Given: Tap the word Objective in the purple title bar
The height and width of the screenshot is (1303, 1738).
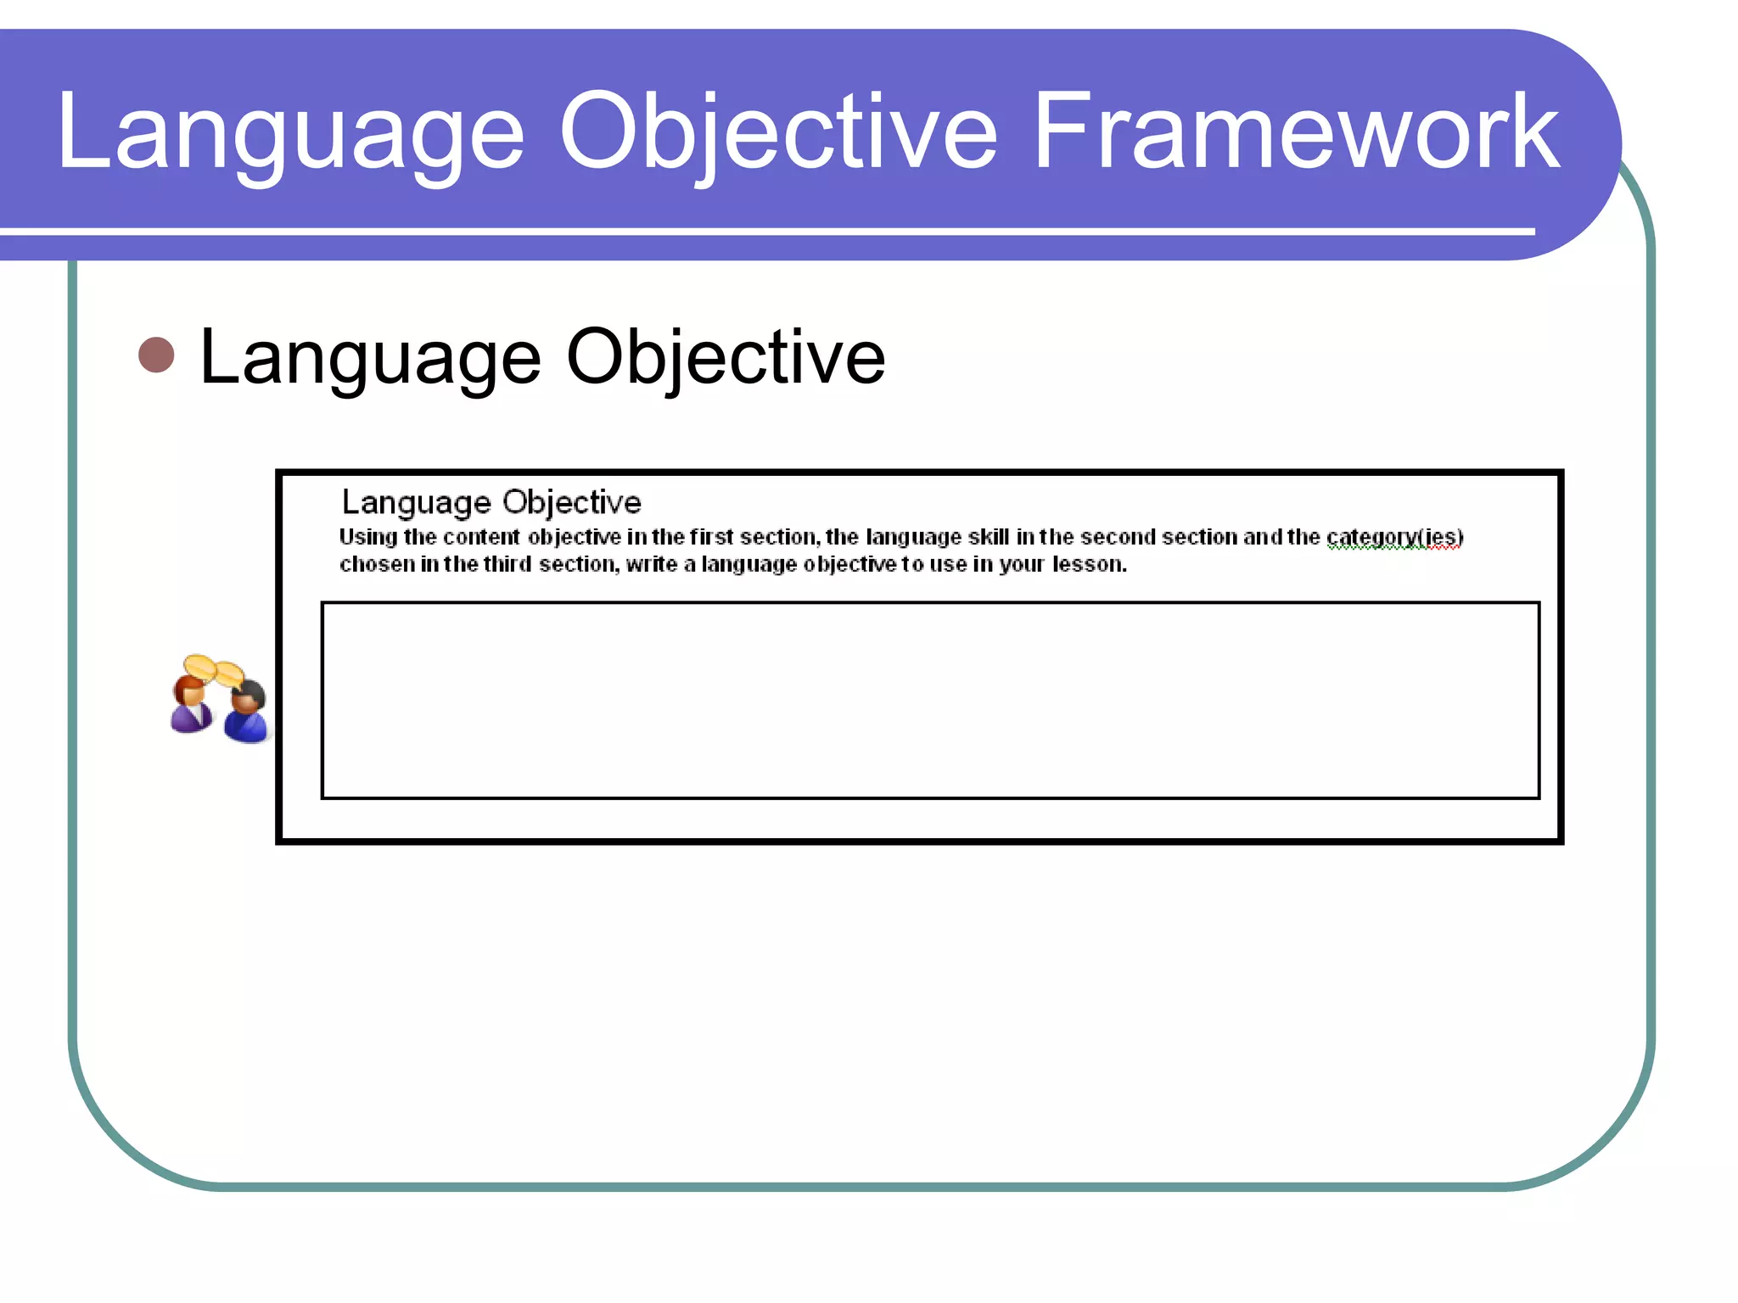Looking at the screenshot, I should (x=777, y=134).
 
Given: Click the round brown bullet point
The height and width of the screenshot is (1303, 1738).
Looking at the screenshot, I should (x=156, y=355).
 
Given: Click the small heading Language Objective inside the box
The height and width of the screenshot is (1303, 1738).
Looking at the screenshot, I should (x=491, y=502).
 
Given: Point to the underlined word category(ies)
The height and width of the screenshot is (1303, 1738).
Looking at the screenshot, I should (x=1394, y=538).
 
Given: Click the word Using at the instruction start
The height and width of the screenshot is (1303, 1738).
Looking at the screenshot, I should (x=367, y=538).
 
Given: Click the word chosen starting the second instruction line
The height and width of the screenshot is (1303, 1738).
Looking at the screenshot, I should (x=377, y=565).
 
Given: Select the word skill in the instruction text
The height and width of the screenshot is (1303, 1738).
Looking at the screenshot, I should (x=989, y=537).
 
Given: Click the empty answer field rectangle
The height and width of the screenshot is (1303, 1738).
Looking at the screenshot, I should (x=930, y=701).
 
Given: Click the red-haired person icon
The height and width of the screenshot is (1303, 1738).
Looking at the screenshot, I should (x=191, y=704).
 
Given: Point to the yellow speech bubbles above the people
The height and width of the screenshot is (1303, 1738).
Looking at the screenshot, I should (x=213, y=670).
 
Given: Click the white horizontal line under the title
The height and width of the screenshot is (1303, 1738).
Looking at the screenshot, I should (x=764, y=231).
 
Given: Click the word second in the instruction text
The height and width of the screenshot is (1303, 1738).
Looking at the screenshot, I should (x=1118, y=537).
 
